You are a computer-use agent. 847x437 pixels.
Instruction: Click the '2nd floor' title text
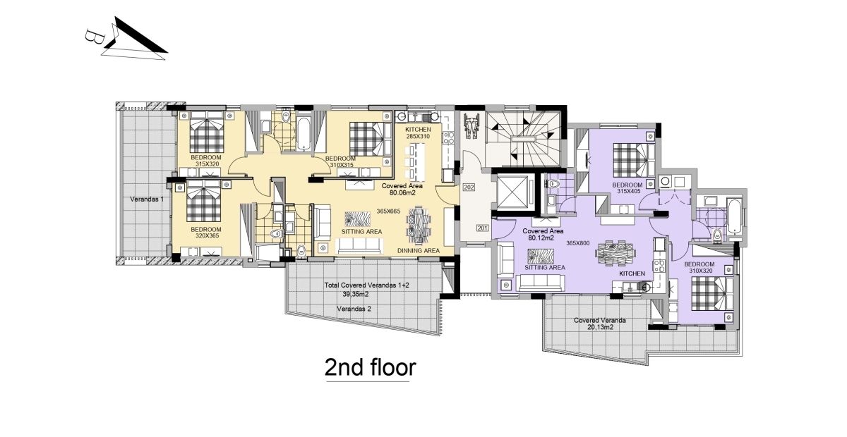370,367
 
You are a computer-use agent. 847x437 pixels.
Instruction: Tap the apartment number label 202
469,187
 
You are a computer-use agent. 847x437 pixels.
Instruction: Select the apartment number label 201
482,228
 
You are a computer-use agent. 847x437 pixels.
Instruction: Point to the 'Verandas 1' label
147,199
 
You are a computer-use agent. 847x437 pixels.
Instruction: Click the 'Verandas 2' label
354,309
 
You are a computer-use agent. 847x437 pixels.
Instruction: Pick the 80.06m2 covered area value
402,192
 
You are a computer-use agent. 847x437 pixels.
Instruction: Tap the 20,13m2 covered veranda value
600,328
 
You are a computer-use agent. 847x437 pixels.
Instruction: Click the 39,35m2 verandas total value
356,294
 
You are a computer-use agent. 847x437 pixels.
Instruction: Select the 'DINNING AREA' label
418,251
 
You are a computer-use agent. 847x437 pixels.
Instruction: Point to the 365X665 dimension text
388,211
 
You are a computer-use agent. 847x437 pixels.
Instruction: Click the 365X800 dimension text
578,243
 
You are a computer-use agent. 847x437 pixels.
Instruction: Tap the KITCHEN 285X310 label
418,133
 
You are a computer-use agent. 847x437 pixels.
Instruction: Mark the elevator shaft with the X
512,192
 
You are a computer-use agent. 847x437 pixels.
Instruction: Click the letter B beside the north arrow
91,37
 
